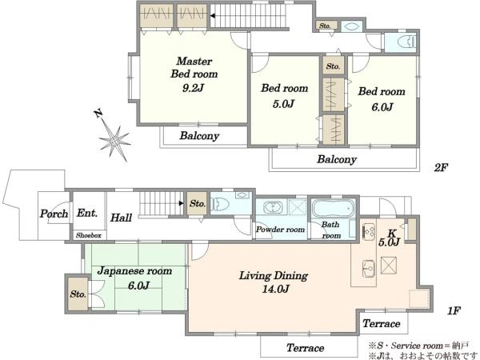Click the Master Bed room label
(x=194, y=68)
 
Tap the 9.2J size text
(x=193, y=88)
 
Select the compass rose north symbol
(x=114, y=137)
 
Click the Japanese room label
(x=134, y=271)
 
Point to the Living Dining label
(x=274, y=276)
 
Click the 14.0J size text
(x=275, y=289)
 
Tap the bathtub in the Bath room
(x=333, y=208)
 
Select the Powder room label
(x=281, y=230)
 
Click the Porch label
(x=54, y=214)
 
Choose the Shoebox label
(x=89, y=235)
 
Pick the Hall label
(x=122, y=218)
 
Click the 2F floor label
(x=441, y=167)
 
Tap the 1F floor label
(x=454, y=310)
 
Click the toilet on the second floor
(x=405, y=42)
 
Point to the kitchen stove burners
(x=369, y=230)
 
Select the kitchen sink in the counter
(x=368, y=268)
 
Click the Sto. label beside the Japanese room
(x=78, y=294)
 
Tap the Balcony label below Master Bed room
(x=199, y=136)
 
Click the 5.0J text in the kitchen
(x=389, y=242)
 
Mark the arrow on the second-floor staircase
(x=212, y=16)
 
